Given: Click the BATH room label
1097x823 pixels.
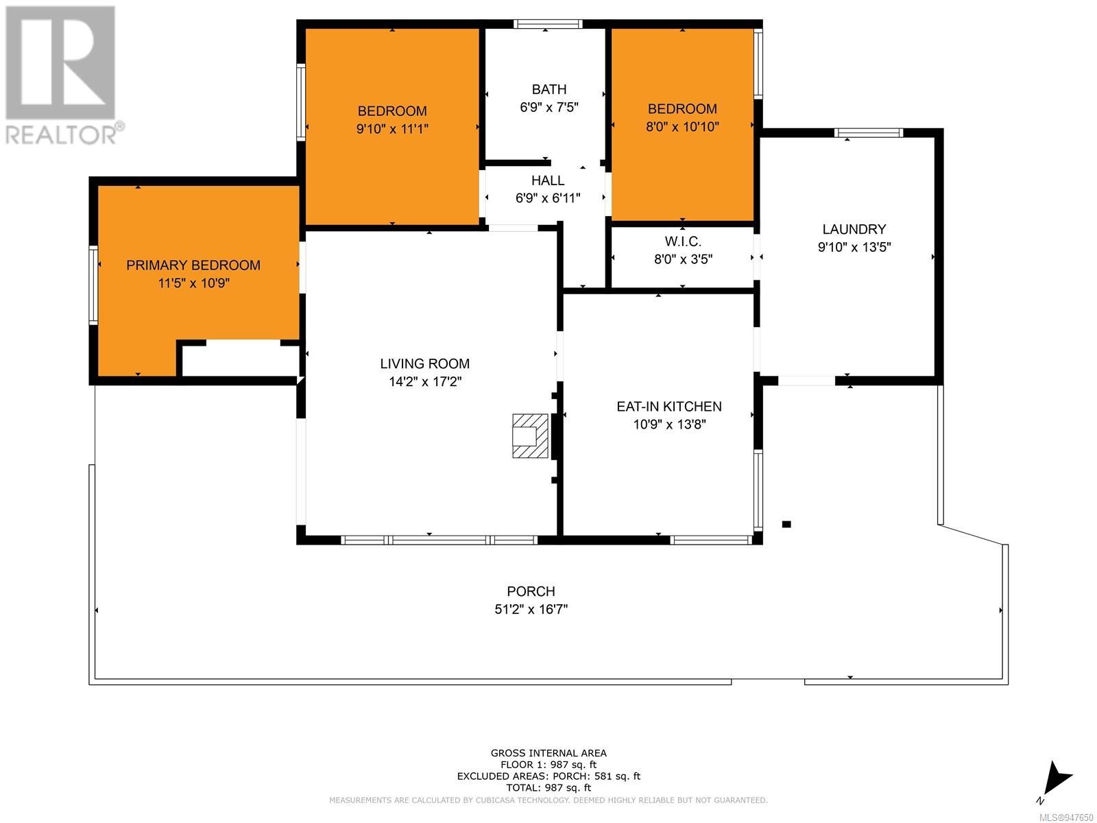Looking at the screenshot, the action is coord(548,89).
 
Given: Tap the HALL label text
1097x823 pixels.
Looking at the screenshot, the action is coord(548,180).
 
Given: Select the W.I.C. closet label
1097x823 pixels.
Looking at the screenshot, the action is coord(683,242).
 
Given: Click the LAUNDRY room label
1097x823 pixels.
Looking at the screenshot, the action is coord(854,229).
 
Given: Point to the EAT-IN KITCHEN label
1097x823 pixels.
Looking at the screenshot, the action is coord(668,407).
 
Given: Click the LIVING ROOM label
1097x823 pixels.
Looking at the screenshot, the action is coord(425,363).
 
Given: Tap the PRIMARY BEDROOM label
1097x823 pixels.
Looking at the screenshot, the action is coord(193,265).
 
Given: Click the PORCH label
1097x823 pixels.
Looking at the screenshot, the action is coord(531,592).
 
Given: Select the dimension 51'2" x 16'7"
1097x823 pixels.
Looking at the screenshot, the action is coord(531,610).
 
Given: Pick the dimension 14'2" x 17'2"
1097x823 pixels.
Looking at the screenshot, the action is coord(425,382).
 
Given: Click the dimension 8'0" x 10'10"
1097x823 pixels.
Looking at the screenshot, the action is coord(682,126).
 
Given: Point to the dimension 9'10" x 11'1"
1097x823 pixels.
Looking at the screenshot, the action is coord(391,129).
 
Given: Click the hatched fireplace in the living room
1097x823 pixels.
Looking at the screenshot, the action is coord(530,436).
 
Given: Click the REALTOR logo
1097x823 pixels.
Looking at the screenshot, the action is coord(62,75).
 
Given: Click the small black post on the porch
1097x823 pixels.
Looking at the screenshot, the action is coord(786,524).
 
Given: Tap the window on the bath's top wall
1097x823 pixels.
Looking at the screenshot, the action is coord(548,24).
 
